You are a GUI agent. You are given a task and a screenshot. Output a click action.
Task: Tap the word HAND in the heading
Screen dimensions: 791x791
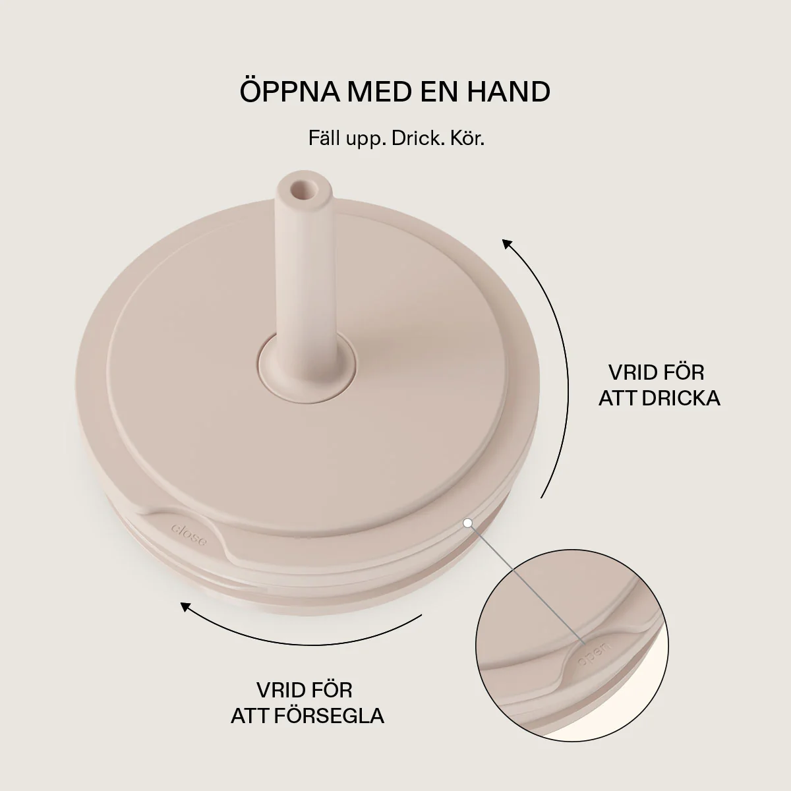(x=509, y=92)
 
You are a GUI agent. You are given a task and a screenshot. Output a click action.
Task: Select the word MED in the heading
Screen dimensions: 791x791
(x=380, y=92)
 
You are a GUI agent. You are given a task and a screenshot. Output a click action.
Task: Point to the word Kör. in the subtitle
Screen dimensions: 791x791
(x=467, y=138)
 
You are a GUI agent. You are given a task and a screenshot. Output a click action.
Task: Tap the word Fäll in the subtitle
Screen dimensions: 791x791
(x=324, y=138)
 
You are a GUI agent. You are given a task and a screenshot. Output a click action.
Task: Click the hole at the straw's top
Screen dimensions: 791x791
(x=303, y=190)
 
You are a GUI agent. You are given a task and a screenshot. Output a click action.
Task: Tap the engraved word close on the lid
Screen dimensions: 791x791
(x=189, y=535)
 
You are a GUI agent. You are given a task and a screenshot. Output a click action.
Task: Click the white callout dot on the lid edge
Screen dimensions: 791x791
(x=467, y=523)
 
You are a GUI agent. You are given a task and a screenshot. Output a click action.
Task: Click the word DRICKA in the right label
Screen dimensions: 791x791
(x=681, y=398)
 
